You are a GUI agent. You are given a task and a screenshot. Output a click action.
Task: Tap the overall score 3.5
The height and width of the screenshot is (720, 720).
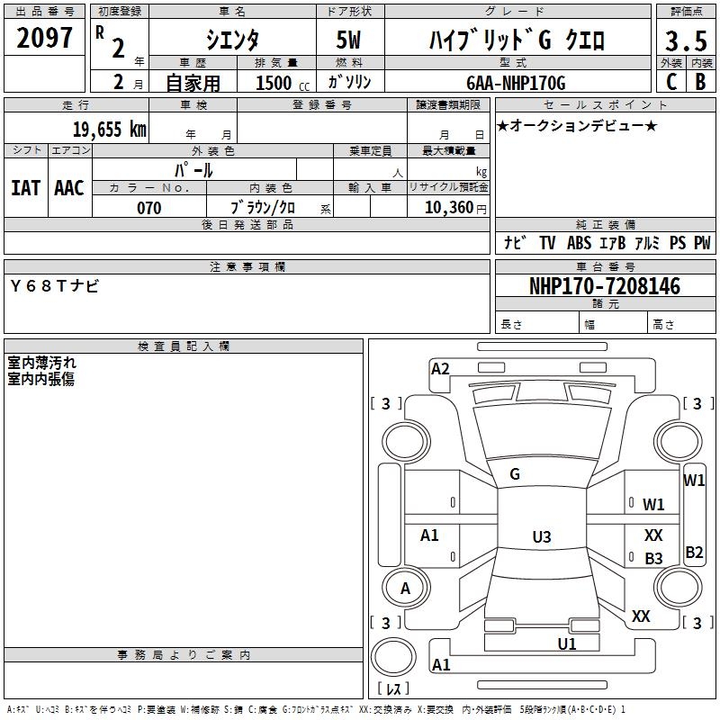pos(686,41)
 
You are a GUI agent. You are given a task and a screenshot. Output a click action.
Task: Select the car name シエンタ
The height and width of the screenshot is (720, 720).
pos(232,40)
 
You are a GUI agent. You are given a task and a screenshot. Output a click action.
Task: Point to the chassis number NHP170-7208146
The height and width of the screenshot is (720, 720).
pos(605,286)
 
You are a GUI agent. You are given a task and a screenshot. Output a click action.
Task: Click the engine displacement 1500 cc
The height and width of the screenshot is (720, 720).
pos(280,83)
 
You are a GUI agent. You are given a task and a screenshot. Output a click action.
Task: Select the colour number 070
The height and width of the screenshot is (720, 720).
pos(149,208)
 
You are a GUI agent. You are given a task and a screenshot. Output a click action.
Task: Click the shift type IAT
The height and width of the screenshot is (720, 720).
pos(26,187)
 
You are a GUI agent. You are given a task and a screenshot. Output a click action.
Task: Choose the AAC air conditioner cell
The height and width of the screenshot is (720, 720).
pos(69,187)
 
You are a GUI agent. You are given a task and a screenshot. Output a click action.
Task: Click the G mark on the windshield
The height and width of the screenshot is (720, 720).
pos(515,474)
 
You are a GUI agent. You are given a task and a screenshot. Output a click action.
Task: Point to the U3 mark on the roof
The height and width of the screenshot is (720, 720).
pos(541,537)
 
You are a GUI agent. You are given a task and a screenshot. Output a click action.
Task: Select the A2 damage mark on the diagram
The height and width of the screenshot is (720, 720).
pos(440,368)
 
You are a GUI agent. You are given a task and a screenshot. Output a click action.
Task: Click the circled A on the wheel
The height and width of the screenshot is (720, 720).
pos(405,589)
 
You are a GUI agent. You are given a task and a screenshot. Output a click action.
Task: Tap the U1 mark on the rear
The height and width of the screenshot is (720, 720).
pos(567,643)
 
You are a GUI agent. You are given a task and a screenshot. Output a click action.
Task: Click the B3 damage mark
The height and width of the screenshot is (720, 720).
pos(654,559)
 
